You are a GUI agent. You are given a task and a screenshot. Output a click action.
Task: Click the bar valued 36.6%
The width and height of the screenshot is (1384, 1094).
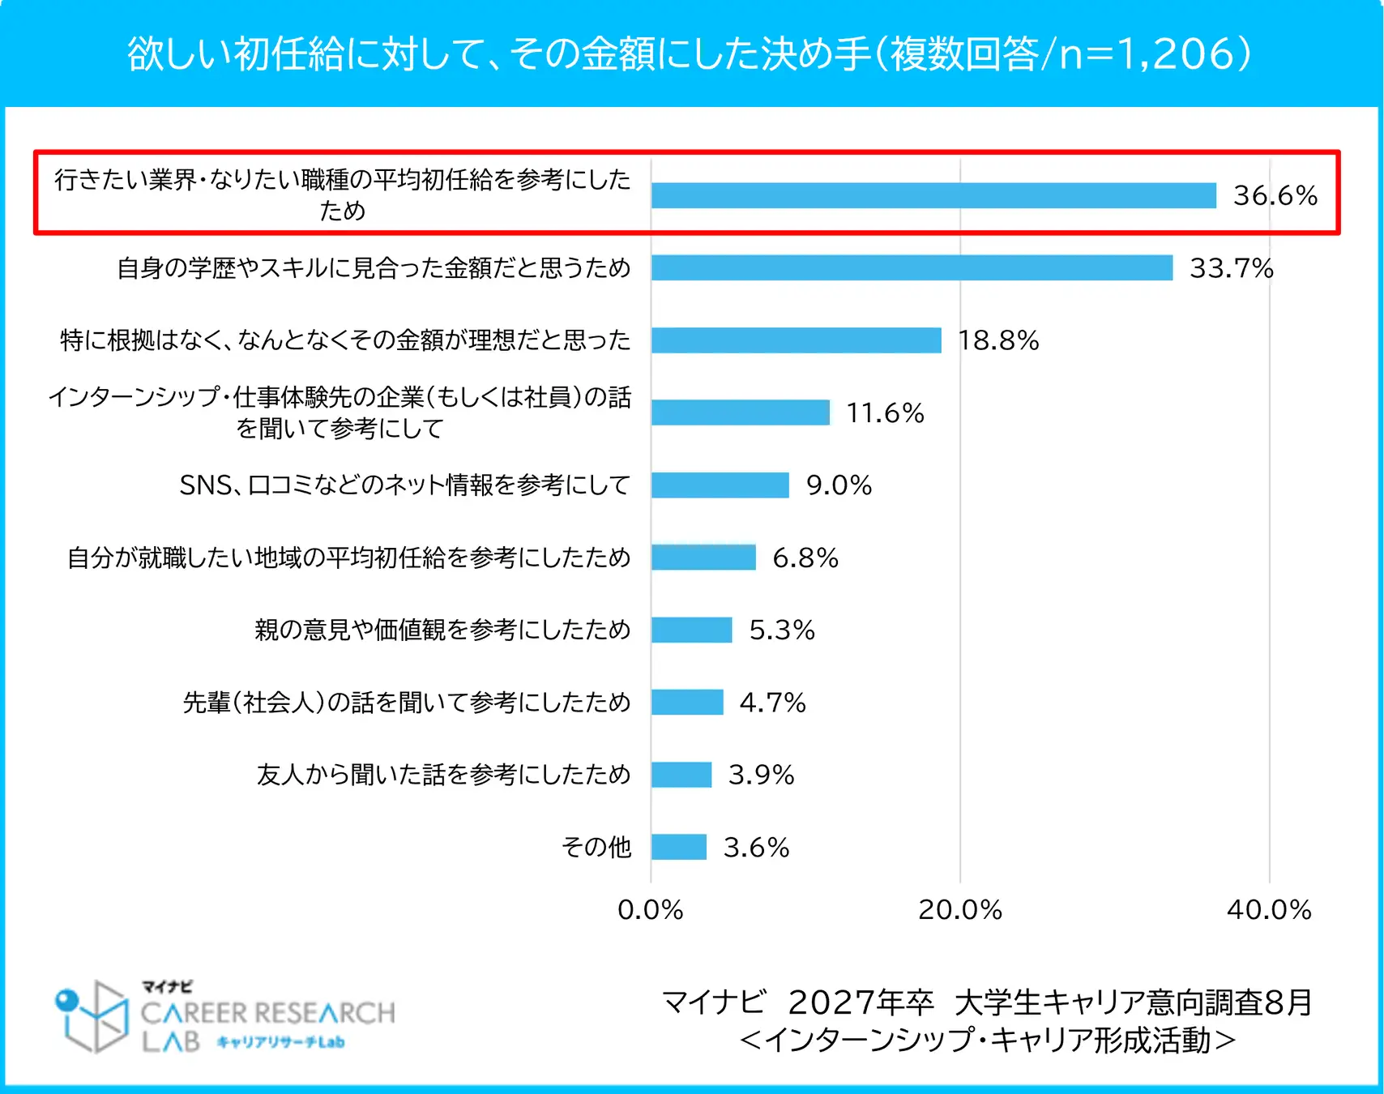pyautogui.click(x=933, y=195)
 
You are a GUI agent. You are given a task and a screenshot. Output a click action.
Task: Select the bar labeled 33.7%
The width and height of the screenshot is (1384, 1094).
pyautogui.click(x=912, y=267)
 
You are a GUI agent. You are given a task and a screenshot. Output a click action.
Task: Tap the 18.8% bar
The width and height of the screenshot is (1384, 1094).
pyautogui.click(x=796, y=340)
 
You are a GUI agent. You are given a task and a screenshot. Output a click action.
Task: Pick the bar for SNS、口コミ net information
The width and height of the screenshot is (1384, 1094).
pyautogui.click(x=720, y=485)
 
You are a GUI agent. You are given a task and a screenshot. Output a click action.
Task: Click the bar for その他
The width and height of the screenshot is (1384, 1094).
pyautogui.click(x=678, y=847)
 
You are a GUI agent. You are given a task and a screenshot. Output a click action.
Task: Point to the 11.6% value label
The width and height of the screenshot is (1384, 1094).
pyautogui.click(x=885, y=412)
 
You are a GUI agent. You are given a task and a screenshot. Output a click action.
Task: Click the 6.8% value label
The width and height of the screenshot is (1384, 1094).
pyautogui.click(x=805, y=558)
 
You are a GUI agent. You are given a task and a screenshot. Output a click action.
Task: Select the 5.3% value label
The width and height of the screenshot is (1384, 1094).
pyautogui.click(x=781, y=630)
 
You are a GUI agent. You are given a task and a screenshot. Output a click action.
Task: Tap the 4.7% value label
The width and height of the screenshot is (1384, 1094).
pyautogui.click(x=772, y=702)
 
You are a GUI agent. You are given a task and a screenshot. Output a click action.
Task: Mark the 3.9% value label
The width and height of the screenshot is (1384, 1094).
pyautogui.click(x=761, y=775)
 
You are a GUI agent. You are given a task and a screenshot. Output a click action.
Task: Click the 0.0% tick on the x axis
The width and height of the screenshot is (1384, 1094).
pyautogui.click(x=650, y=909)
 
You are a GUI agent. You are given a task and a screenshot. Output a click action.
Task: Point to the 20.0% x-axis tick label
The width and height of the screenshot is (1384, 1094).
pyautogui.click(x=960, y=909)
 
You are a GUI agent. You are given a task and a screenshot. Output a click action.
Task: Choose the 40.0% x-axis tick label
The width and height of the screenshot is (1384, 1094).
pyautogui.click(x=1269, y=909)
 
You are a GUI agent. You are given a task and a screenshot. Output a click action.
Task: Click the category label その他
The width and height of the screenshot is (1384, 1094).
pyautogui.click(x=596, y=847)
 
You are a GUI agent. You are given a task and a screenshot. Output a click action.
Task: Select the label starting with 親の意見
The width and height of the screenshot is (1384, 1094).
pyautogui.click(x=442, y=630)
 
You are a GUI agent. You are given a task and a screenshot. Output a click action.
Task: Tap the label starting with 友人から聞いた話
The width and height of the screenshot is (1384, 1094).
pyautogui.click(x=443, y=775)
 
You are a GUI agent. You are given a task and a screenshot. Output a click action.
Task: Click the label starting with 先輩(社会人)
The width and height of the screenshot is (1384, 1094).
pyautogui.click(x=407, y=702)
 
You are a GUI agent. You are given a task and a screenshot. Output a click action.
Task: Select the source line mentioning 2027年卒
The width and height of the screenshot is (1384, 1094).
pyautogui.click(x=987, y=1002)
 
